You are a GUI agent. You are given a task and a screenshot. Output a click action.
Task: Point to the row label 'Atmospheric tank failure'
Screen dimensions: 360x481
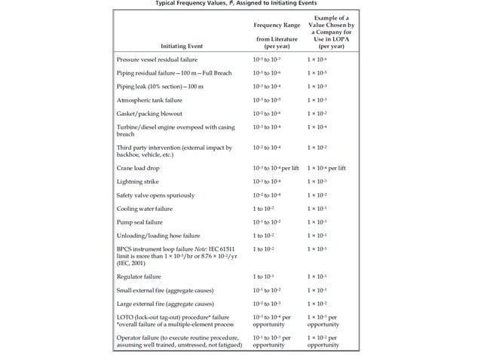pos(149,99)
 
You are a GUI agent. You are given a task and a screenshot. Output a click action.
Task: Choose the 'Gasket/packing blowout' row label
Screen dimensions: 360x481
pos(148,113)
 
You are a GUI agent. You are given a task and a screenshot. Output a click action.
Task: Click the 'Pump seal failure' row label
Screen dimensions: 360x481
pos(139,222)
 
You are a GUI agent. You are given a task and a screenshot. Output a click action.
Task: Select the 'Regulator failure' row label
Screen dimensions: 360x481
pos(140,277)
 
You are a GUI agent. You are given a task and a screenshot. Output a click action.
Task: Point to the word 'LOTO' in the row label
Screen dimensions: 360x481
pos(125,319)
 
